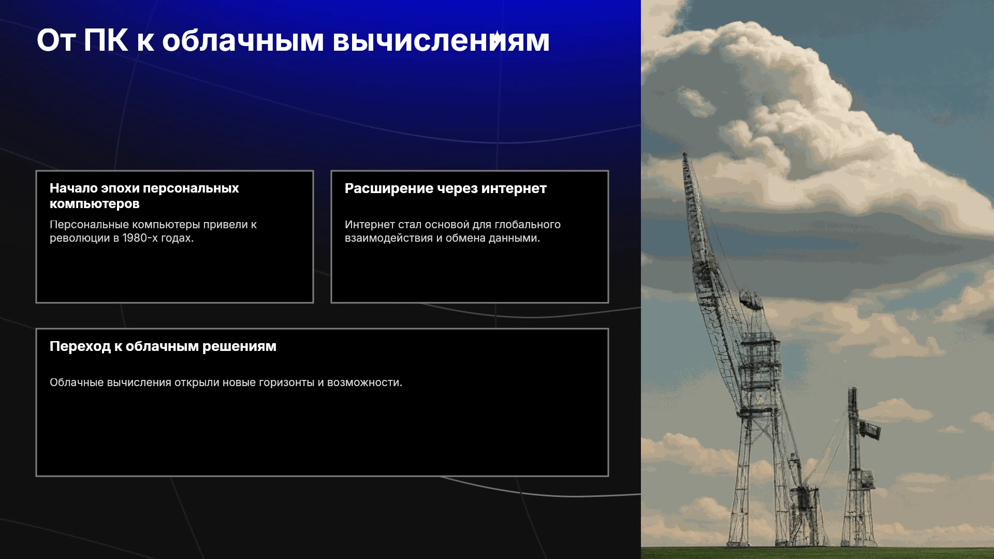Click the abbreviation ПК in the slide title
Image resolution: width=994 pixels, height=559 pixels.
pyautogui.click(x=106, y=40)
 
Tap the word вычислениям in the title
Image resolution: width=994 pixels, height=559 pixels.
pyautogui.click(x=441, y=40)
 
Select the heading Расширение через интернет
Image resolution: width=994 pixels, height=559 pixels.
pyautogui.click(x=446, y=188)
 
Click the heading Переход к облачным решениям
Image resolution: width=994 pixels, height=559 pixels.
pyautogui.click(x=163, y=346)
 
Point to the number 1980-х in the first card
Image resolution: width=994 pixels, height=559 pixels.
pyautogui.click(x=140, y=238)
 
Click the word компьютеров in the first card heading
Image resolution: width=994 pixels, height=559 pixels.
pyautogui.click(x=95, y=204)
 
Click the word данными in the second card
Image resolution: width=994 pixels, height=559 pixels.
pyautogui.click(x=518, y=238)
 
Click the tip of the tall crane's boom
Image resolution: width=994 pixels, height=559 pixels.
pyautogui.click(x=685, y=154)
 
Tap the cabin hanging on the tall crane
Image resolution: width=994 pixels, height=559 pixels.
pyautogui.click(x=751, y=300)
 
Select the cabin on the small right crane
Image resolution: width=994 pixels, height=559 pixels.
pyautogui.click(x=870, y=430)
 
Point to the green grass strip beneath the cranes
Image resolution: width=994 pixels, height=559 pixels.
pyautogui.click(x=817, y=552)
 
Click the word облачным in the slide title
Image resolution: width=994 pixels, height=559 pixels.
pyautogui.click(x=243, y=40)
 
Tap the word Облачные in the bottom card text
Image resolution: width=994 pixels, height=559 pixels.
pyautogui.click(x=77, y=383)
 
